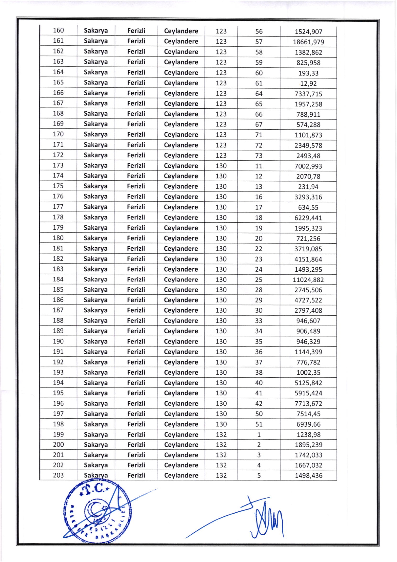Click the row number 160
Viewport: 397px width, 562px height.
[x=58, y=30]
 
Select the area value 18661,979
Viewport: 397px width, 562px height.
[x=308, y=42]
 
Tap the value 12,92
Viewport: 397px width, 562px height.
[x=308, y=84]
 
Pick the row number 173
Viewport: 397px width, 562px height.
[x=58, y=165]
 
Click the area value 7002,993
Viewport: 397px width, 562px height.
[x=308, y=166]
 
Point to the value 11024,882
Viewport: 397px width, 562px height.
[x=308, y=280]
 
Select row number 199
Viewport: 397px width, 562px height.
[x=58, y=435]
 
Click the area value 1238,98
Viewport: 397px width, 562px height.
[x=308, y=435]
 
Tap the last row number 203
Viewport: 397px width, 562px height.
[x=58, y=475]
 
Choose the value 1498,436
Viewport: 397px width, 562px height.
[x=308, y=476]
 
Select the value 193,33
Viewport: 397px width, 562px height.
[x=308, y=73]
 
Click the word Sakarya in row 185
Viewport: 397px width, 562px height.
[x=96, y=290]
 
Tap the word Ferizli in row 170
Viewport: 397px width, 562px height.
[x=136, y=134]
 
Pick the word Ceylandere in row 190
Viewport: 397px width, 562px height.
[x=181, y=342]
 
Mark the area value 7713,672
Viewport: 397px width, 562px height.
[x=308, y=404]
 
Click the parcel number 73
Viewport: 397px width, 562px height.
[x=259, y=156]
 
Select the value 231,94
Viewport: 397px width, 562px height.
[x=308, y=187]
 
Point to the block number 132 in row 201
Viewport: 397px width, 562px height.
[x=221, y=455]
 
